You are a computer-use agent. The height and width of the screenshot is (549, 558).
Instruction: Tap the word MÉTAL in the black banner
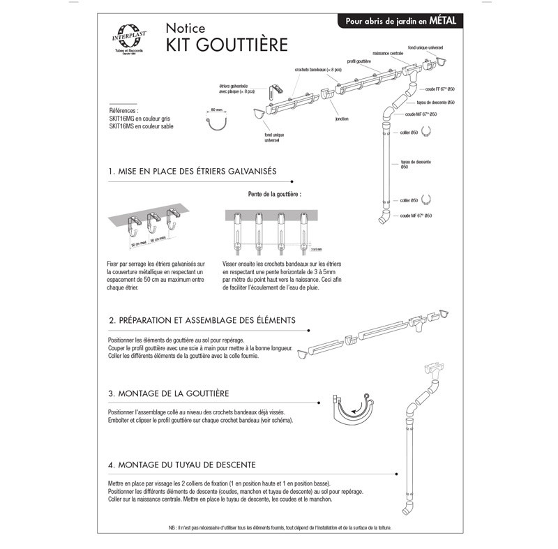442,21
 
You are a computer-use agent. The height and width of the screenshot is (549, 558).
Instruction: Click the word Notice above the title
185,29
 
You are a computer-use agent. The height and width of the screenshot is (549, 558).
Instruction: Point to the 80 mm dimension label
216,110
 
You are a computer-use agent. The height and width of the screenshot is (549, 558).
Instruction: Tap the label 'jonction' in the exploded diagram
341,119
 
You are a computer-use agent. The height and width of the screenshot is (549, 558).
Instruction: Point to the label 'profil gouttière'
360,61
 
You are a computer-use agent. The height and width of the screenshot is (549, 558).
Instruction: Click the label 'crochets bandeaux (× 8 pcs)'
319,70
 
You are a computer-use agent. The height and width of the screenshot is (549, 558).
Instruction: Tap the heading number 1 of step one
112,171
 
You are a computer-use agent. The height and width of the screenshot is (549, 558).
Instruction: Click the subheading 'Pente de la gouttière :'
274,193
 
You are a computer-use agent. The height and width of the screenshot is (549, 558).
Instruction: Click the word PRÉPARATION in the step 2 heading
148,320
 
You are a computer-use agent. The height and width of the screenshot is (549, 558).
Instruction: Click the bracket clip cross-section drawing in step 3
354,410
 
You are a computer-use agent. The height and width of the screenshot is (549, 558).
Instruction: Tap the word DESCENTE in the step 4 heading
232,464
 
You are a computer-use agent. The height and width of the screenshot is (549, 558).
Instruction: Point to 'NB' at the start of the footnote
172,527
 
